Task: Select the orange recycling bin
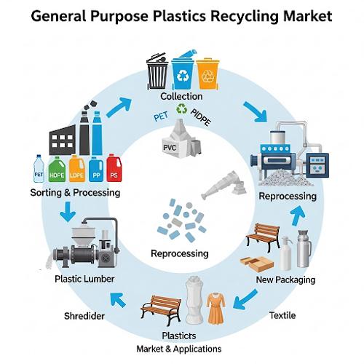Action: click(207, 74)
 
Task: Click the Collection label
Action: click(181, 96)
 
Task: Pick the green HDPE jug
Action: click(57, 170)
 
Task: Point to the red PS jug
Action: click(114, 168)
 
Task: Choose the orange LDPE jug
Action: click(77, 169)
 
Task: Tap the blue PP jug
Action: click(96, 170)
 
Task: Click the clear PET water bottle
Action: click(39, 169)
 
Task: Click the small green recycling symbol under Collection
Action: click(181, 108)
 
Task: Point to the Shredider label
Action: click(84, 316)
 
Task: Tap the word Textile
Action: click(282, 315)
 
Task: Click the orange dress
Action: click(215, 309)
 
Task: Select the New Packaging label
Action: click(285, 280)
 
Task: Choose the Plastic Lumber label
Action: click(84, 279)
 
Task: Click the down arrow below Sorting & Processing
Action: click(68, 212)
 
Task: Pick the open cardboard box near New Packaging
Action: click(257, 264)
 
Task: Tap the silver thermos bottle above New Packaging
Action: click(304, 248)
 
